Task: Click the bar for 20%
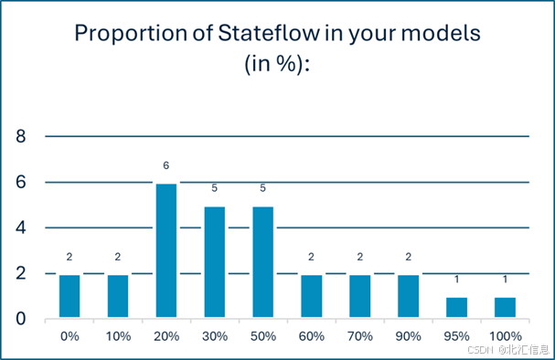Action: pyautogui.click(x=165, y=251)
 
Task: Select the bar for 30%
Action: pyautogui.click(x=214, y=262)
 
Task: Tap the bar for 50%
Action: pyautogui.click(x=262, y=262)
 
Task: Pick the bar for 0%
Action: pyautogui.click(x=69, y=296)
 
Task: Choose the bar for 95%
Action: pyautogui.click(x=456, y=308)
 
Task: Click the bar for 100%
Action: pyautogui.click(x=505, y=308)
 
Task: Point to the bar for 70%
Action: pyautogui.click(x=359, y=296)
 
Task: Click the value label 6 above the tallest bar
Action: pyautogui.click(x=165, y=166)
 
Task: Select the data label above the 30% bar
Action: pyautogui.click(x=214, y=189)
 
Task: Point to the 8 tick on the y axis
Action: pyautogui.click(x=21, y=137)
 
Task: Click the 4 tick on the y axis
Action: pyautogui.click(x=21, y=228)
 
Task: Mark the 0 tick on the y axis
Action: pyautogui.click(x=21, y=319)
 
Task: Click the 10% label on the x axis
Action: pyautogui.click(x=117, y=336)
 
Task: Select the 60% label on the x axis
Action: pyautogui.click(x=311, y=336)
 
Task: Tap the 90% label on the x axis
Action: pyautogui.click(x=408, y=336)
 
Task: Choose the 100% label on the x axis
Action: pyautogui.click(x=505, y=336)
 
